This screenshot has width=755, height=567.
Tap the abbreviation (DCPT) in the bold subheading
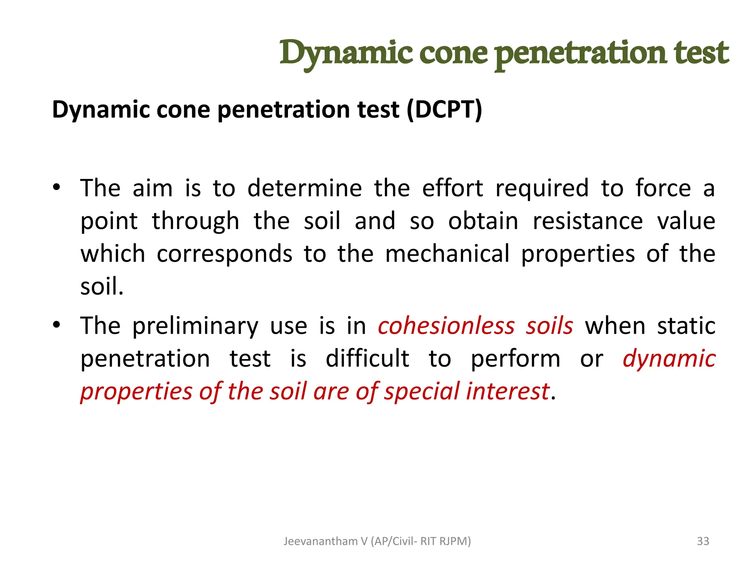coord(444,110)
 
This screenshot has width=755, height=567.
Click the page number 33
coord(703,541)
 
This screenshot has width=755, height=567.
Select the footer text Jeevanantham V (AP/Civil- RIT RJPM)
coord(377,541)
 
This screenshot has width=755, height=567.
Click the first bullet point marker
coord(56,187)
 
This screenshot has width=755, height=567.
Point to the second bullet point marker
coord(56,325)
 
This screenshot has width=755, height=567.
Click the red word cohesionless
coord(446,326)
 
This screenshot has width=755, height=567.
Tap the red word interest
coord(508,391)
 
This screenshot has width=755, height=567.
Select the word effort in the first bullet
coord(452,188)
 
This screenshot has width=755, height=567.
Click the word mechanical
coord(447,254)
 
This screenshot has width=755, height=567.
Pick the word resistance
coord(588,221)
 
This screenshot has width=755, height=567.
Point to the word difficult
coord(367,358)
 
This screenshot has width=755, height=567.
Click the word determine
coord(305,188)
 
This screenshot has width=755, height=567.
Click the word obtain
coord(483,221)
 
